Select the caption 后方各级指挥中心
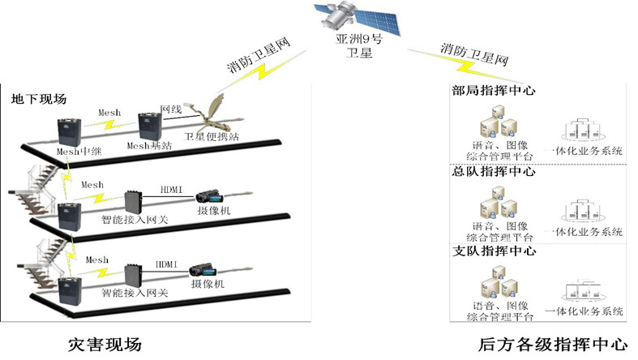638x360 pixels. tap(541, 344)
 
